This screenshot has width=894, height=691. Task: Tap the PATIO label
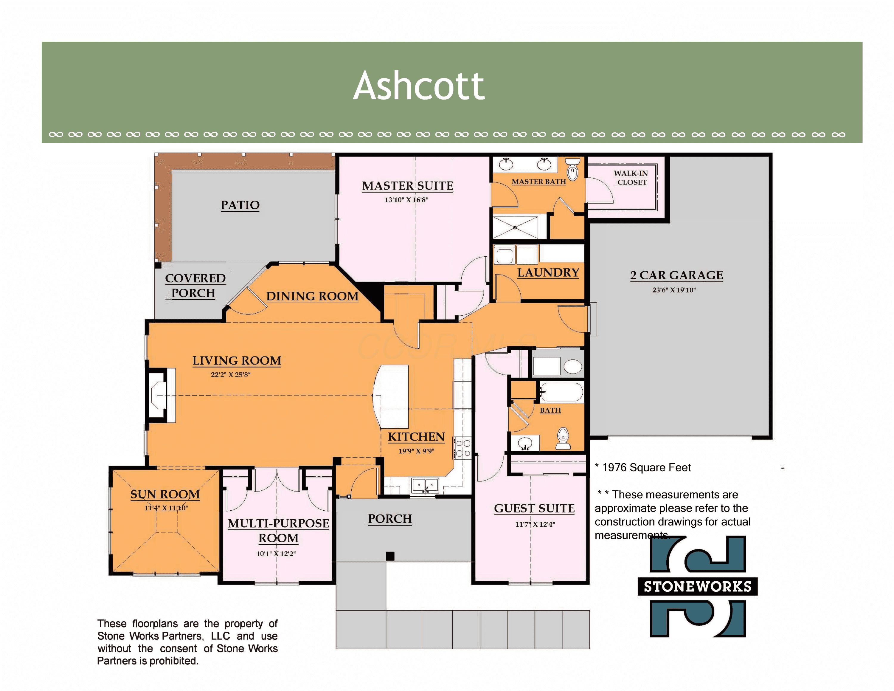pos(240,205)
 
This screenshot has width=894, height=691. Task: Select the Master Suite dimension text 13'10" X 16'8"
pos(406,200)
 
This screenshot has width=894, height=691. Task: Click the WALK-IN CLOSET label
pos(631,178)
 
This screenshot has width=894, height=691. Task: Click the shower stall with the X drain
pos(515,227)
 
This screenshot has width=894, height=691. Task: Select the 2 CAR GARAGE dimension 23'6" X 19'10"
pos(674,290)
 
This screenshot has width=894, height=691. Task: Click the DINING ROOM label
pos(312,296)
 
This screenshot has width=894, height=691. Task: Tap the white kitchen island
pos(391,396)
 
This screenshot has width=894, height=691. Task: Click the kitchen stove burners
pos(463,448)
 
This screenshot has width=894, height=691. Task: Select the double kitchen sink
pos(425,486)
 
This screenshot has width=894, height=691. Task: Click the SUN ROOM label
pos(165,495)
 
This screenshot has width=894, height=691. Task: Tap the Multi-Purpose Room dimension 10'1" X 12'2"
pos(276,554)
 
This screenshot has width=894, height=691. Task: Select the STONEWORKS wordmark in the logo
pos(698,587)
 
